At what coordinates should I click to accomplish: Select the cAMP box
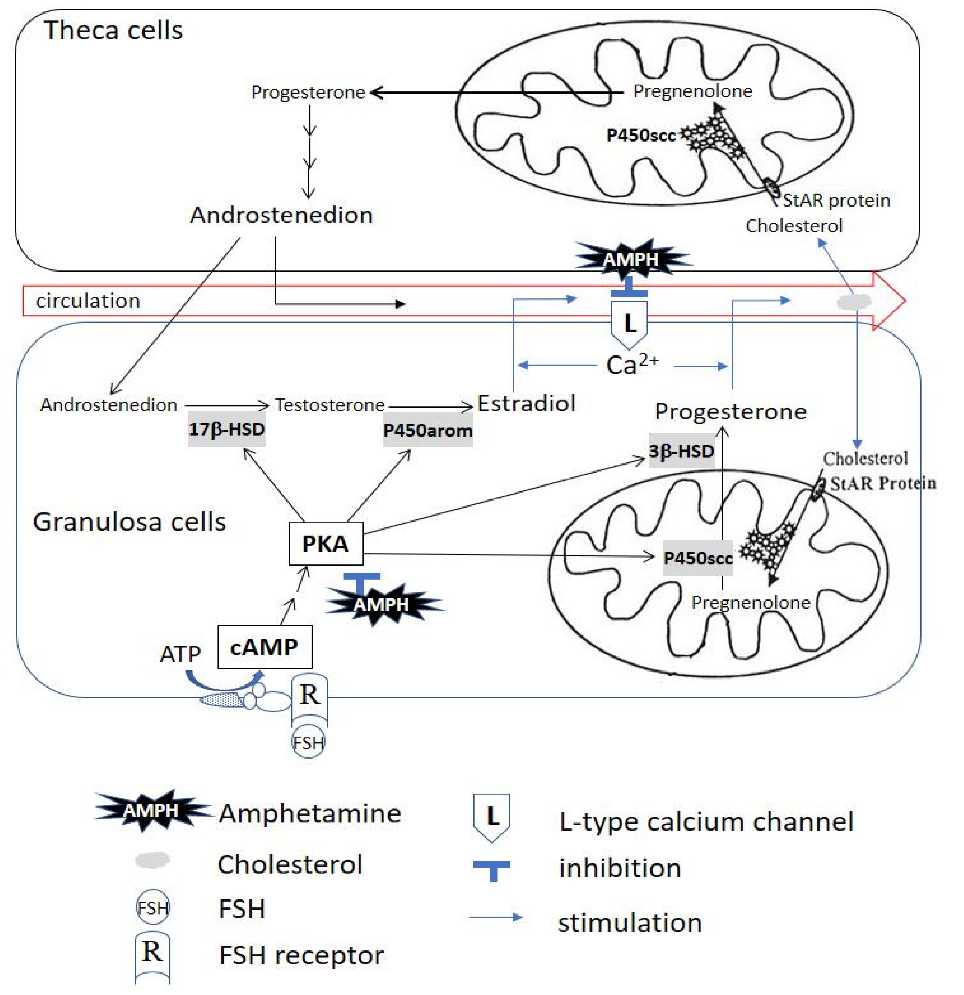coord(265,647)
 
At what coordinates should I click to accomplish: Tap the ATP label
coord(180,654)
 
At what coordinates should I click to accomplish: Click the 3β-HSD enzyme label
coord(682,451)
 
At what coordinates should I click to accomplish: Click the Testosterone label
coord(330,405)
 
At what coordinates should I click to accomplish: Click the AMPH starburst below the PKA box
coord(382,604)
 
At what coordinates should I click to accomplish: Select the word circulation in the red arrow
coord(88,300)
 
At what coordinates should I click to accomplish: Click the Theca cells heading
coord(113,30)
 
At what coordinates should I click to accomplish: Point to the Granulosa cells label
coord(129,522)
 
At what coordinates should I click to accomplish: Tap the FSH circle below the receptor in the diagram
coord(308,743)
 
